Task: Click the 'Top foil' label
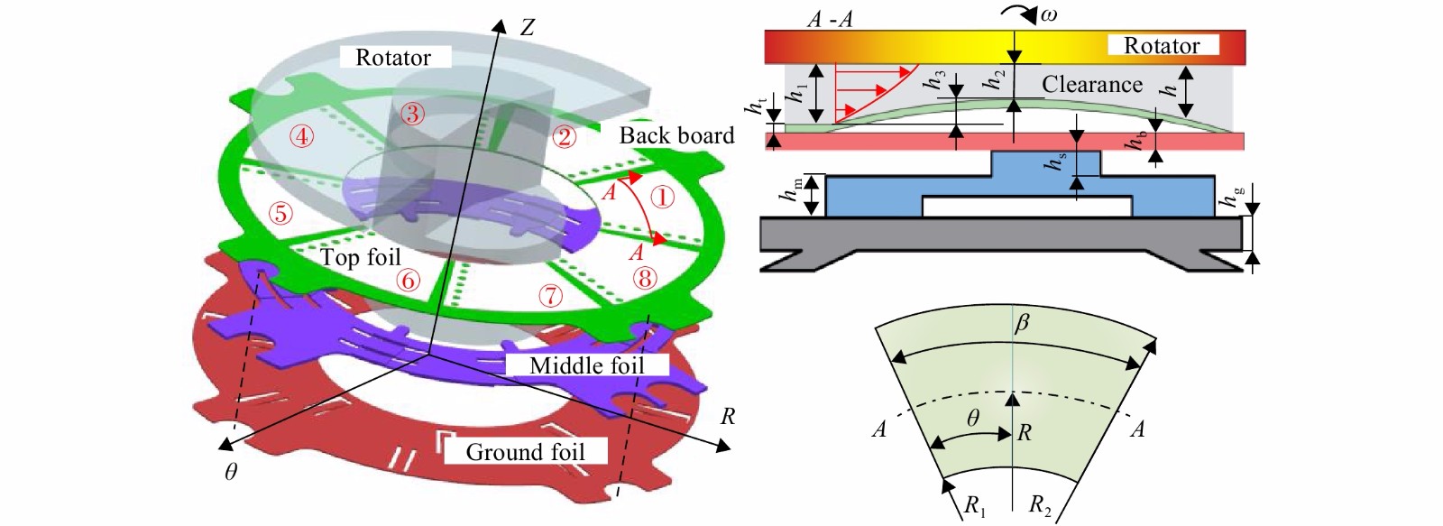tap(360, 258)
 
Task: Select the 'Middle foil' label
tap(587, 366)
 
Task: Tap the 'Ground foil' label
tap(525, 453)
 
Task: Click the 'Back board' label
tap(676, 135)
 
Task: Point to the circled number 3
tap(412, 114)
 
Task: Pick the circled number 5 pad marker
tap(280, 213)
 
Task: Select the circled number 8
tap(644, 279)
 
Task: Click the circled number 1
tap(662, 197)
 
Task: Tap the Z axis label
tap(528, 27)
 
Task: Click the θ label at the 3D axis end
tap(231, 473)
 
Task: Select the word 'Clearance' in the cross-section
tap(1092, 85)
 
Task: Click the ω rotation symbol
tap(1049, 14)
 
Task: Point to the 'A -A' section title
tap(830, 19)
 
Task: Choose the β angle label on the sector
tap(1022, 322)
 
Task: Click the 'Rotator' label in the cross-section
tap(1162, 46)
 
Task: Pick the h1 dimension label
tap(796, 91)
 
